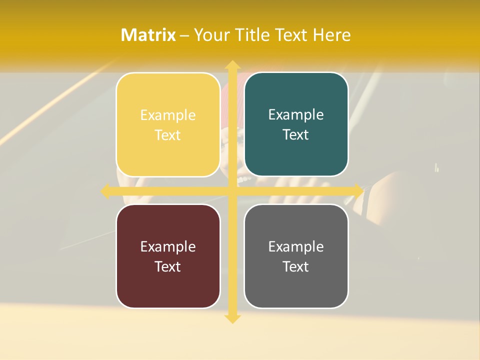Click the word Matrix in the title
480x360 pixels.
[x=148, y=35]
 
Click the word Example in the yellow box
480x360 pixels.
[x=168, y=115]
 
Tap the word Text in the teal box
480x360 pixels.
[x=296, y=134]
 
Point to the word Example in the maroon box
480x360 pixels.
[x=168, y=246]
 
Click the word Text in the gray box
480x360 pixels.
[x=296, y=266]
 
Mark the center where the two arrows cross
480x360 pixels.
[x=232, y=191]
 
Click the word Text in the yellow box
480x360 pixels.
[x=168, y=135]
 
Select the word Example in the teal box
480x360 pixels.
[x=296, y=115]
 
